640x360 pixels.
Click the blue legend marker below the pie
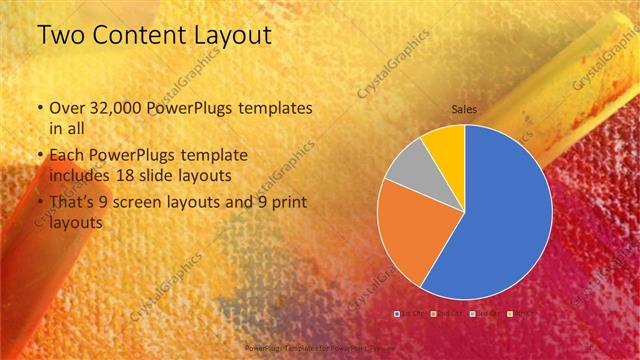[x=397, y=313]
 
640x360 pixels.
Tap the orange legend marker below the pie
[x=432, y=313]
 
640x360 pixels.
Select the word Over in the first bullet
[x=64, y=108]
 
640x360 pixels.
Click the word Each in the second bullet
[x=65, y=157]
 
